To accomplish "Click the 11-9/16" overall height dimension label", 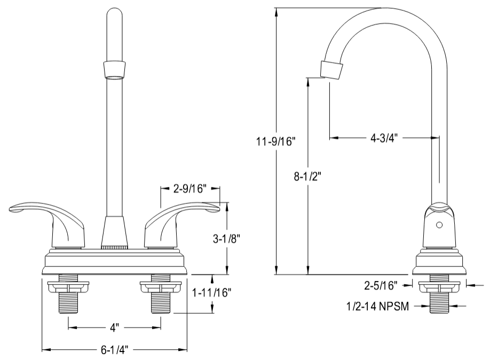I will pyautogui.click(x=275, y=142).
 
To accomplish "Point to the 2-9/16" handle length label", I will pyautogui.click(x=190, y=188).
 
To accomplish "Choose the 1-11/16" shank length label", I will pyautogui.click(x=213, y=293).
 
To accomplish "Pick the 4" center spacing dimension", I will pyautogui.click(x=114, y=325).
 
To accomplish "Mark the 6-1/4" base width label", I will pyautogui.click(x=114, y=350).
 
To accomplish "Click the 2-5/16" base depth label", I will pyautogui.click(x=381, y=286).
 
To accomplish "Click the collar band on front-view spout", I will pyautogui.click(x=115, y=69).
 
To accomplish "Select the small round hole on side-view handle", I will pyautogui.click(x=439, y=225).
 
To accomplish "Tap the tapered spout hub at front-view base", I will pyautogui.click(x=115, y=231).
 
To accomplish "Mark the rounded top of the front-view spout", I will pyautogui.click(x=115, y=16).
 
